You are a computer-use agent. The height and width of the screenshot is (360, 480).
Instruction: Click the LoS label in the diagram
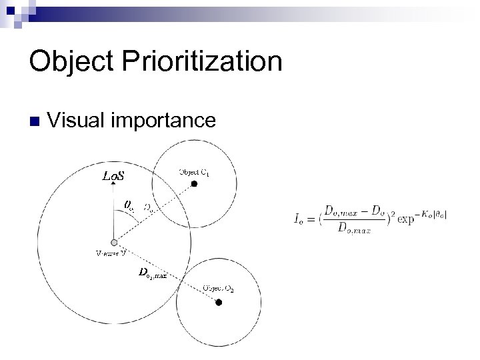112,177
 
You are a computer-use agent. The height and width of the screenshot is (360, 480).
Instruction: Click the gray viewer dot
115,242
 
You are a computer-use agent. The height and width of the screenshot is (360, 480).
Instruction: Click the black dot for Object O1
194,183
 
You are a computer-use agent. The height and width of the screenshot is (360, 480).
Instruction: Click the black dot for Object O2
218,302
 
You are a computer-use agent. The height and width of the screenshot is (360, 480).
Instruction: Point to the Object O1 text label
194,171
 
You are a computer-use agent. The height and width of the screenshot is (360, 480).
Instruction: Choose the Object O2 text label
217,287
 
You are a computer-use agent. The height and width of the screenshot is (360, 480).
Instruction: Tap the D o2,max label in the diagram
152,273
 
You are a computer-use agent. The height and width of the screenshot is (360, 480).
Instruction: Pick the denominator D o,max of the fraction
354,229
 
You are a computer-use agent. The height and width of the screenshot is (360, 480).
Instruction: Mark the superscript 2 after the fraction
395,213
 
